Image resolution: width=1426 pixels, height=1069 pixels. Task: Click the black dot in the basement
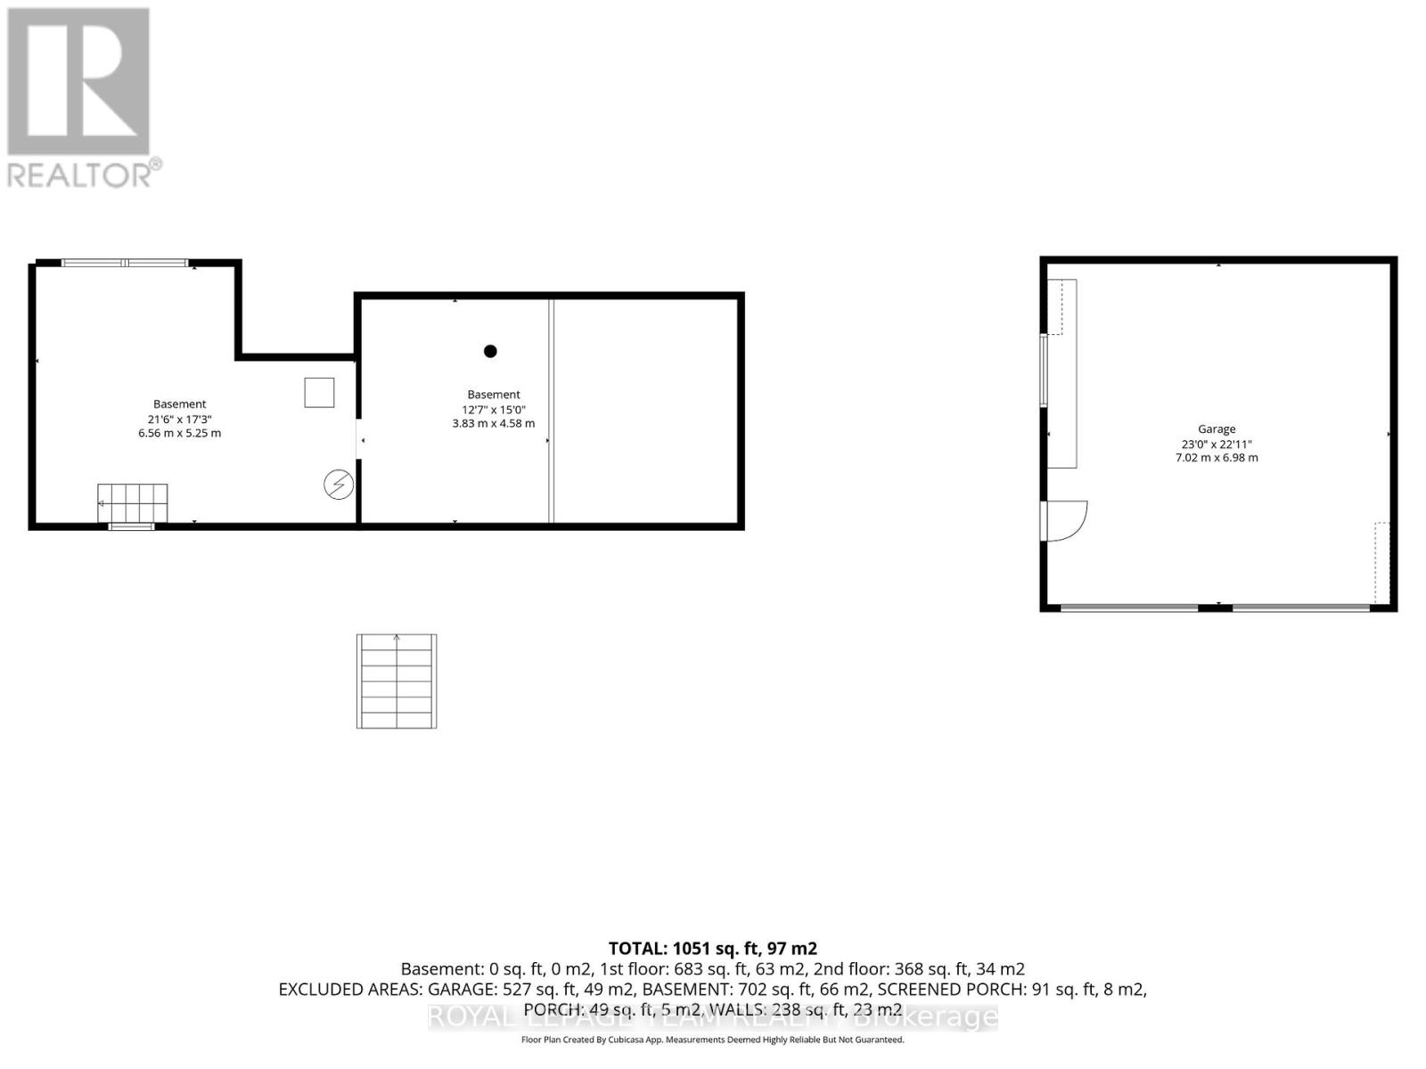coord(490,351)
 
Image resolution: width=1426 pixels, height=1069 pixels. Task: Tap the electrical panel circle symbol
coord(339,485)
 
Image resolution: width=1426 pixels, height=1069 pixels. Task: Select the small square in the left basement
coord(319,392)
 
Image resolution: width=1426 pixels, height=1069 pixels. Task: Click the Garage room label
coord(1217,429)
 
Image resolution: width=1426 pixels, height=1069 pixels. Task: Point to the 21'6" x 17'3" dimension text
coord(179,419)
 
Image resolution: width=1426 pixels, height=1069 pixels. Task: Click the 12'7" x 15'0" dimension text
coord(494,409)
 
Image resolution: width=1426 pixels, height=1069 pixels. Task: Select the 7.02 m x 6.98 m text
coord(1217,458)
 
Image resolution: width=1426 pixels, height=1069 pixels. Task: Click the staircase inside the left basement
coord(133,503)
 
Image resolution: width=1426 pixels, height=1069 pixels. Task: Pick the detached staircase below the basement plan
coord(397,681)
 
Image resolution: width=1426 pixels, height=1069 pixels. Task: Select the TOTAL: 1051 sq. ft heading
coord(712,949)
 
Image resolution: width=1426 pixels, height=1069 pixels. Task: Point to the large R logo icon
coord(78,82)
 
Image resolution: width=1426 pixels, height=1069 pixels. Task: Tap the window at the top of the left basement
coord(125,263)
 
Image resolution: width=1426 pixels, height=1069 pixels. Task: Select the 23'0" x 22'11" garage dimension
coord(1217,444)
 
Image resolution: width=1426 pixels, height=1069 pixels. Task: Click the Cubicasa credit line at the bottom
coord(712,1040)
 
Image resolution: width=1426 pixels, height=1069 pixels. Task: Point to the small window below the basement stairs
coord(132,526)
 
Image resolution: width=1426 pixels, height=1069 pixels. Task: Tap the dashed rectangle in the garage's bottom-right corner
coord(1382,562)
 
